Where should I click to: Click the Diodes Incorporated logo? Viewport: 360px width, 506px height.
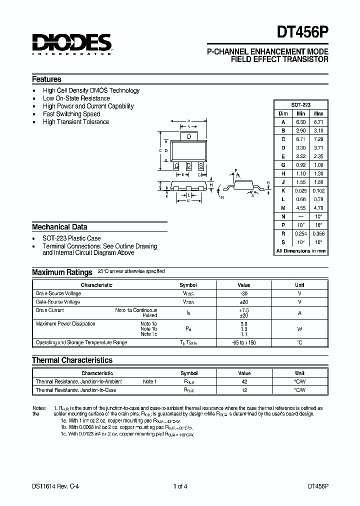coord(72,44)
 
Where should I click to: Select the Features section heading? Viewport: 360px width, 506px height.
coord(46,79)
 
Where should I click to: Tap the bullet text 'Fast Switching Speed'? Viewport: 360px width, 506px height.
coord(71,114)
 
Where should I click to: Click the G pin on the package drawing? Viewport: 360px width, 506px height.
coord(176,165)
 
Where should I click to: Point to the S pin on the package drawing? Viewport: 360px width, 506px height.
coord(201,165)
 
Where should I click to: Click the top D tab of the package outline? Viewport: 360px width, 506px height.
coord(188,136)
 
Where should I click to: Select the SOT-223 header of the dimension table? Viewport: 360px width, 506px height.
coord(301,105)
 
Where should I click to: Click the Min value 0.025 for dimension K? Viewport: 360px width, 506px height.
coord(301,190)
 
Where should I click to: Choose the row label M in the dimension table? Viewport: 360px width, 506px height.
coord(283,207)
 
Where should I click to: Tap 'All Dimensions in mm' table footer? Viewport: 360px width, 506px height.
coord(301,251)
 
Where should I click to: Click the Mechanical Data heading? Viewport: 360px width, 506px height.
coord(59,226)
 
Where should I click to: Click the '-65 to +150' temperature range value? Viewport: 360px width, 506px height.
coord(244,342)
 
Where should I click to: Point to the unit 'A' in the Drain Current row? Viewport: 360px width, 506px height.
coord(299,313)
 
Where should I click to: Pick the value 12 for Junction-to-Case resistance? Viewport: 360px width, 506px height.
coord(244,390)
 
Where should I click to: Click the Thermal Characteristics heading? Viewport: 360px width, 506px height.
coord(72,360)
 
